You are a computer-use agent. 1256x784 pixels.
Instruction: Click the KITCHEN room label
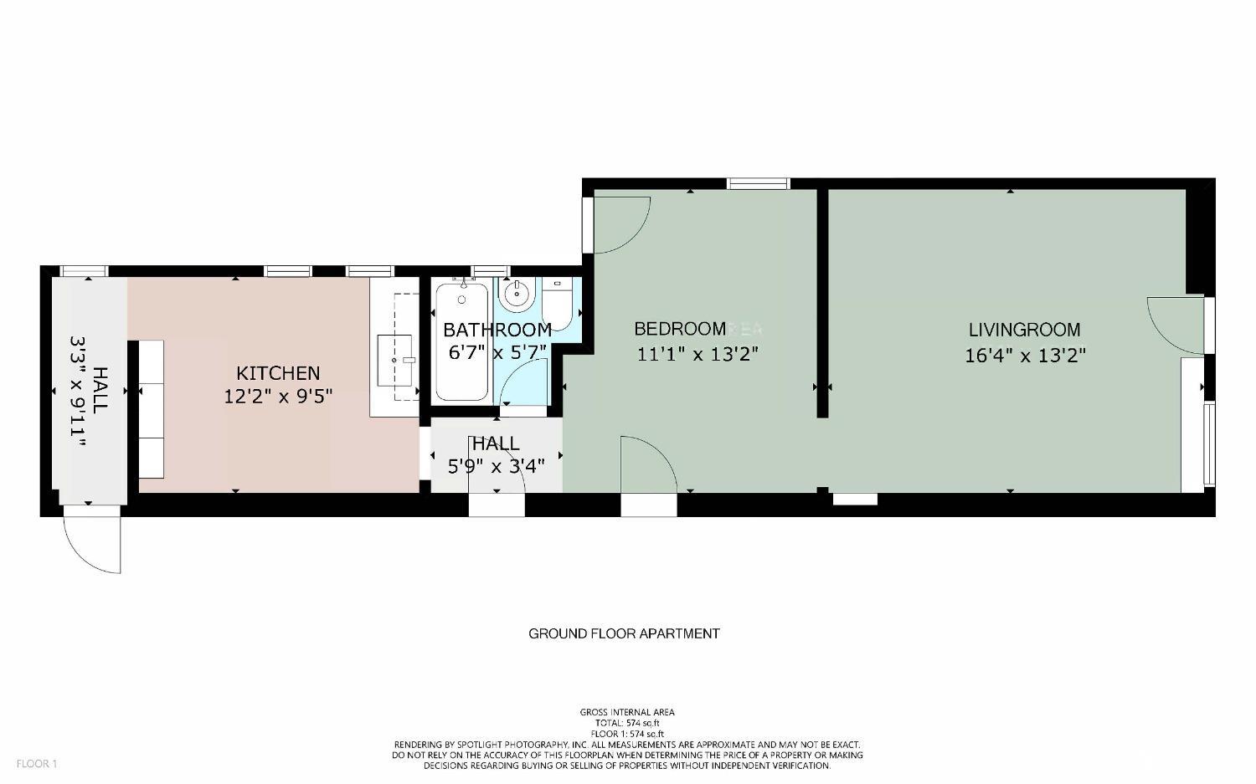[x=278, y=373]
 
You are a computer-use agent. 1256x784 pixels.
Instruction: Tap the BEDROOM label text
[x=680, y=329]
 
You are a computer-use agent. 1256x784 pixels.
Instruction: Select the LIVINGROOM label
[x=1024, y=330]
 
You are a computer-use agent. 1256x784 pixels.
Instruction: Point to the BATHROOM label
[x=497, y=330]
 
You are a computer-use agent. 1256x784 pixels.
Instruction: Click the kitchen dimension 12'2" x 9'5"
[x=278, y=397]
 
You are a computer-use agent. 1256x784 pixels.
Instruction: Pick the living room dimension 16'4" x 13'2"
[x=1025, y=356]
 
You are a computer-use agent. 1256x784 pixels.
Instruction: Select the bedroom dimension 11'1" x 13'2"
[x=697, y=354]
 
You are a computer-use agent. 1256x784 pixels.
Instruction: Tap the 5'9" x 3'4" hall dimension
[x=497, y=466]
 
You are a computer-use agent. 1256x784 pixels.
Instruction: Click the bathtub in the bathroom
[x=462, y=342]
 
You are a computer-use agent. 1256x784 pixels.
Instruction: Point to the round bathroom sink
[x=517, y=294]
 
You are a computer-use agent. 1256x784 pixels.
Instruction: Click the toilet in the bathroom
[x=558, y=303]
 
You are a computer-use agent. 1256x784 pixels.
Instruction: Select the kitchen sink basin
[x=394, y=361]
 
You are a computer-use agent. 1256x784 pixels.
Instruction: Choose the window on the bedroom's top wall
[x=758, y=183]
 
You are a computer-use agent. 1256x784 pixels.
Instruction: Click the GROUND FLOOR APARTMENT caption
[x=624, y=634]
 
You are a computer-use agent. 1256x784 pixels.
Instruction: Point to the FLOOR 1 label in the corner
[x=37, y=764]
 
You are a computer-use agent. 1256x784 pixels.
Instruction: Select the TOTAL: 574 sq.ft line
[x=627, y=723]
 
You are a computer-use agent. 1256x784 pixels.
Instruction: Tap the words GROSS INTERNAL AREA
[x=627, y=712]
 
